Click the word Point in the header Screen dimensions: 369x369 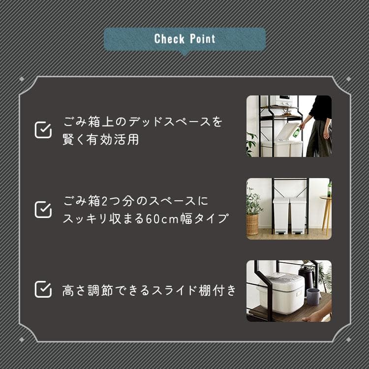click(x=202, y=39)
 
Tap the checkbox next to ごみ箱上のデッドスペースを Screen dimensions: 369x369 click(x=43, y=130)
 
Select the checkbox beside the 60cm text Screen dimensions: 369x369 click(x=43, y=209)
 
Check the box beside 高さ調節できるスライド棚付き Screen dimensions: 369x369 click(x=43, y=289)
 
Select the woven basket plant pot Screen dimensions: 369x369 click(x=252, y=224)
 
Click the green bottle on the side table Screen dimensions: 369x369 click(x=329, y=189)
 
